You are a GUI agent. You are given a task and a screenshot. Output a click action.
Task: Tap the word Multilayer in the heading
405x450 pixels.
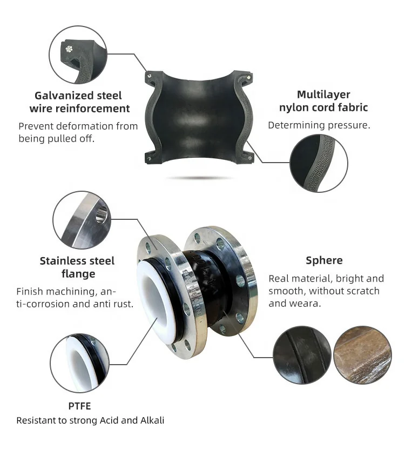pos(323,95)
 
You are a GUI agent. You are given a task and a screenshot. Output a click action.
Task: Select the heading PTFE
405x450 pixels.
pos(79,406)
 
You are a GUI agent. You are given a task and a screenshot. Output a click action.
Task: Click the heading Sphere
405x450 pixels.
pos(324,260)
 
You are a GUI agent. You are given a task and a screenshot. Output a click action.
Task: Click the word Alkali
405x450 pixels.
pos(152,420)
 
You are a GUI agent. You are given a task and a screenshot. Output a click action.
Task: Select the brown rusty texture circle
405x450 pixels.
pos(362,355)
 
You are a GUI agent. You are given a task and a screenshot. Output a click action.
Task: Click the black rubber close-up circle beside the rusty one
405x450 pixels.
pos(302,355)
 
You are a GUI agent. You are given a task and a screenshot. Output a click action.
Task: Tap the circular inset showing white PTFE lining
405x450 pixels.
pos(80,363)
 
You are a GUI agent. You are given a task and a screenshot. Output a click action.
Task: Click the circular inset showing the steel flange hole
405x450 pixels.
pos(82,220)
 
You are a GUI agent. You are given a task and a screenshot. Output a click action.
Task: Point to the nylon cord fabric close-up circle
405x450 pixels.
pos(319,163)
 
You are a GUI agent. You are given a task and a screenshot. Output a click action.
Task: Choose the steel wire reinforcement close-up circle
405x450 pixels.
pos(78,55)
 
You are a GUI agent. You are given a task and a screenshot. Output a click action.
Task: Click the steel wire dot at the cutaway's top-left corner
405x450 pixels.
pos(150,76)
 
